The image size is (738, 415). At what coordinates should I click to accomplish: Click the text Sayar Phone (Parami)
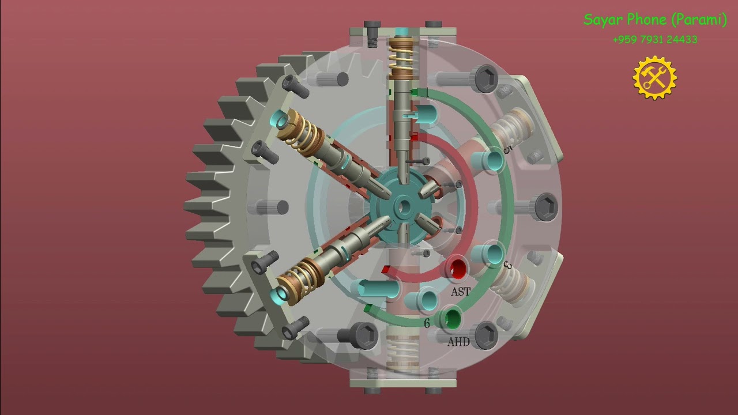(x=655, y=20)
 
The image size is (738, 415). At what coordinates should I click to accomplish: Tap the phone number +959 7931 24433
(x=654, y=40)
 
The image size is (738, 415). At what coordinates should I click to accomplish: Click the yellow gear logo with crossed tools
(x=654, y=78)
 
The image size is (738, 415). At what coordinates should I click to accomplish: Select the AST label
(x=460, y=292)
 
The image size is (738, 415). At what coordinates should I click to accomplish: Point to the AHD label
(x=458, y=342)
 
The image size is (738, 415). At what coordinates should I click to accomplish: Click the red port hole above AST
(x=458, y=269)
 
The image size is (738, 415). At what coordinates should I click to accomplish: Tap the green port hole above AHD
(x=453, y=318)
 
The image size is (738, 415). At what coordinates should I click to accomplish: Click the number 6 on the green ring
(x=427, y=323)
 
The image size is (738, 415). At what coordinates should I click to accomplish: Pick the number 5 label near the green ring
(x=507, y=149)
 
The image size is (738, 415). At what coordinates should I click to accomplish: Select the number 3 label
(x=508, y=266)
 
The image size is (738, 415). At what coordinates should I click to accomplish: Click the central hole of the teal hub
(x=402, y=206)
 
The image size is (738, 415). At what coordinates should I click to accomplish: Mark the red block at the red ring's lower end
(x=386, y=269)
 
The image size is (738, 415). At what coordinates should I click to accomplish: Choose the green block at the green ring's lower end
(x=367, y=309)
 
